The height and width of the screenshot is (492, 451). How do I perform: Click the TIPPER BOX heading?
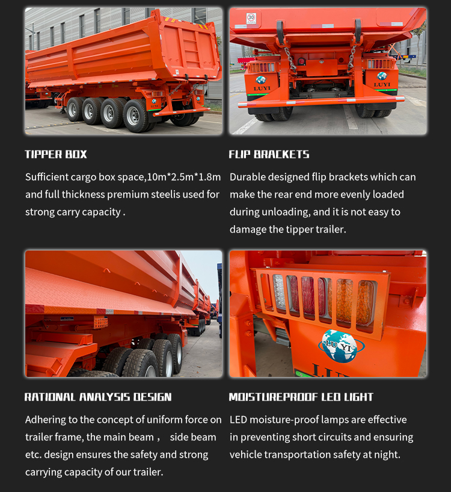click(x=56, y=154)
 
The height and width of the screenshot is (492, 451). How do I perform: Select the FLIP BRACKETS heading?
click(x=269, y=154)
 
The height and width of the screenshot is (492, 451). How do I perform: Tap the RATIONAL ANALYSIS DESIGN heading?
click(x=98, y=397)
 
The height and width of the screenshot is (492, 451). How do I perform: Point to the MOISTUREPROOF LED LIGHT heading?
click(x=301, y=397)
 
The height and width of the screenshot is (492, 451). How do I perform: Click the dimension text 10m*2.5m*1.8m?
click(x=183, y=177)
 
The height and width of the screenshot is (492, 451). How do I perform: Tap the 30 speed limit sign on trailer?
click(x=251, y=18)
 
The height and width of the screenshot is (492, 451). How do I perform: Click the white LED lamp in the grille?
click(x=278, y=293)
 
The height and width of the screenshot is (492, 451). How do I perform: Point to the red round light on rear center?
click(x=301, y=61)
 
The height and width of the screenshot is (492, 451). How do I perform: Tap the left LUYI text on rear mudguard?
click(x=262, y=89)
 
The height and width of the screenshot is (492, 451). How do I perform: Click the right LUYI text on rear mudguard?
click(x=382, y=85)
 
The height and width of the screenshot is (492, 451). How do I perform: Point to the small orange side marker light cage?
click(x=101, y=322)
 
